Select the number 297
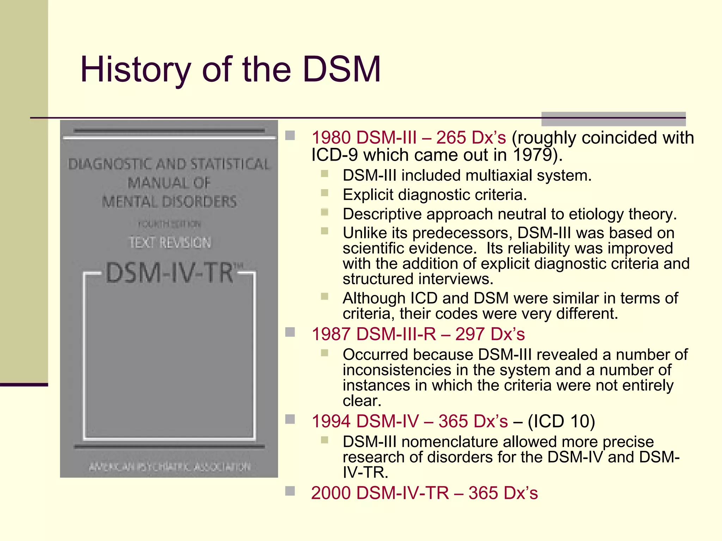(470, 334)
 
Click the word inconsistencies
(397, 370)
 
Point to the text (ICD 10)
(561, 421)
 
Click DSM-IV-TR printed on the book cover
(170, 273)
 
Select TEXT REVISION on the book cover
(170, 242)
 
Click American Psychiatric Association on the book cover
(170, 467)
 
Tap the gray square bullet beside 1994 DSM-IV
(290, 419)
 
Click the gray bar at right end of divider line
(613, 119)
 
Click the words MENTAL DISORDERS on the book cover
(170, 202)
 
